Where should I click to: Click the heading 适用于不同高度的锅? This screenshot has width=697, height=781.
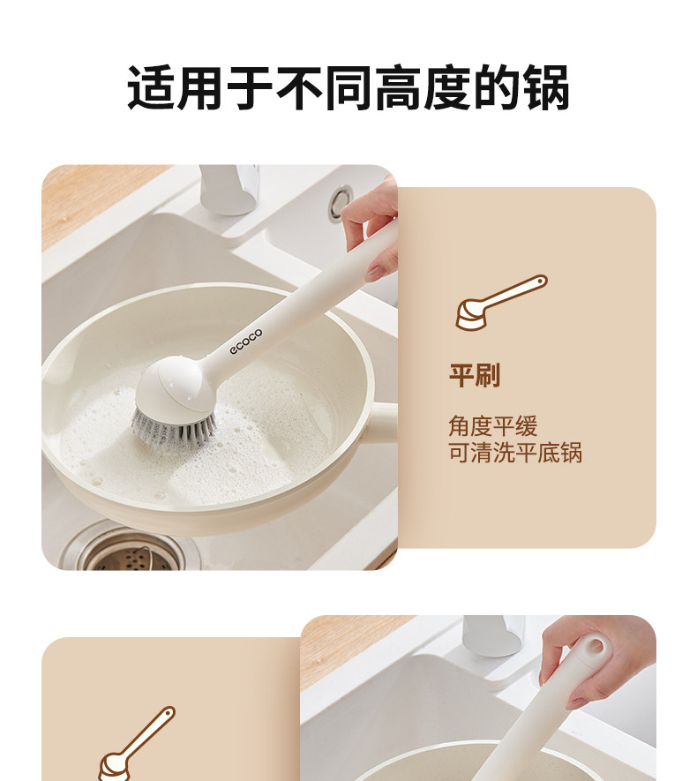(x=348, y=87)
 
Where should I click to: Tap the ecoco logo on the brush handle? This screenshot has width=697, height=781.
(x=246, y=342)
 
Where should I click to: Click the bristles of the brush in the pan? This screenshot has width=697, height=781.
(x=173, y=427)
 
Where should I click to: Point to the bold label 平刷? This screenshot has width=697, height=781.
(x=475, y=376)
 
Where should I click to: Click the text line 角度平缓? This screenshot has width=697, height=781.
(x=493, y=426)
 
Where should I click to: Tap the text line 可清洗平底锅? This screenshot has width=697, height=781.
(x=515, y=453)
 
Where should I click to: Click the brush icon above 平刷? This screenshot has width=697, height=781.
(x=501, y=303)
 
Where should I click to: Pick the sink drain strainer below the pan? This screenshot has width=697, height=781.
(x=131, y=552)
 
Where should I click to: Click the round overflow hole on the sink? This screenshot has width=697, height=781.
(x=341, y=202)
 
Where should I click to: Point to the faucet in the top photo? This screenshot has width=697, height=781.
(x=229, y=189)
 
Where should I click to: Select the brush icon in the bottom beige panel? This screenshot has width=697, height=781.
(x=137, y=743)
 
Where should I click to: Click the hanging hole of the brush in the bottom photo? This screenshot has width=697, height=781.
(x=595, y=647)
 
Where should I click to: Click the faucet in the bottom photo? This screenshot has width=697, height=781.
(x=493, y=635)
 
